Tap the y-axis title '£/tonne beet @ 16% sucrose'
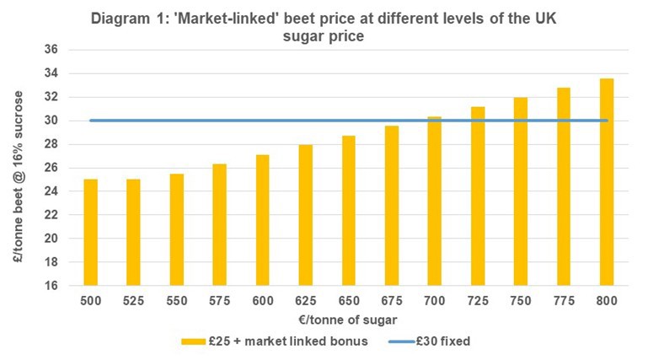pyautogui.click(x=19, y=169)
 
